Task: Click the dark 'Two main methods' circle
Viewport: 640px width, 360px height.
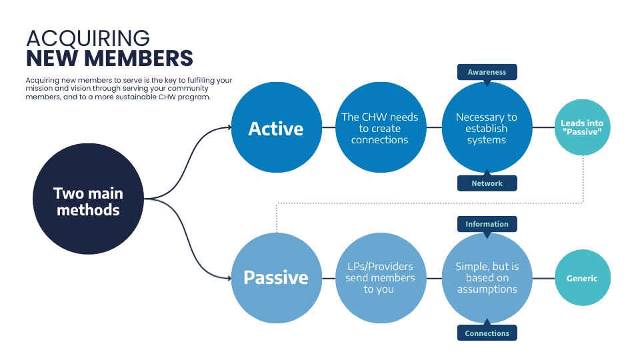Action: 88,201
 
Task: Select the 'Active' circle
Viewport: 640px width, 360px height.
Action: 275,128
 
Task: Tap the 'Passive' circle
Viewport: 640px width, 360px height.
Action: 275,277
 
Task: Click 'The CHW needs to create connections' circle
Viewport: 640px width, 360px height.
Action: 379,128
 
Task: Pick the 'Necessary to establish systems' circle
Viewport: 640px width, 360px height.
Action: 487,128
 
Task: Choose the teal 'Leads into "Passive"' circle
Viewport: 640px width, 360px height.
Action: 583,128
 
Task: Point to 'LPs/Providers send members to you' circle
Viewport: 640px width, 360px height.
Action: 379,277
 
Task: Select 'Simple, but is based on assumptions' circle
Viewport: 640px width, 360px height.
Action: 487,277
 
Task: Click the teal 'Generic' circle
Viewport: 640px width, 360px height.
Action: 583,278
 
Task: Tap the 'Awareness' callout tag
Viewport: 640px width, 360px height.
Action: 487,72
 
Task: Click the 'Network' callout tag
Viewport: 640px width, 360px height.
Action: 487,183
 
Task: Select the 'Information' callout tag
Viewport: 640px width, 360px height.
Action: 487,224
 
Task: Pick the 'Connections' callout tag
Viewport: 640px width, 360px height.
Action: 487,333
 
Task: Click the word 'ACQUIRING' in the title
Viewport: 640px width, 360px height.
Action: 88,38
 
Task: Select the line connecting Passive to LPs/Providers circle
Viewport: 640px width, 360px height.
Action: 328,277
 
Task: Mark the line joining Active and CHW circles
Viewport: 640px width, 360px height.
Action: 328,128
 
